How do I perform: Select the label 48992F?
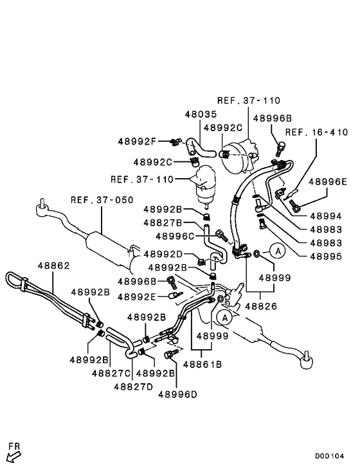click(136, 141)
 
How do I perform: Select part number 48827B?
click(162, 222)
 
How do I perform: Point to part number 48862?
click(53, 265)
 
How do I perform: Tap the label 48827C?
click(112, 373)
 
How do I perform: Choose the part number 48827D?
click(133, 386)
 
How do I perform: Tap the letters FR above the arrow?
click(13, 446)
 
